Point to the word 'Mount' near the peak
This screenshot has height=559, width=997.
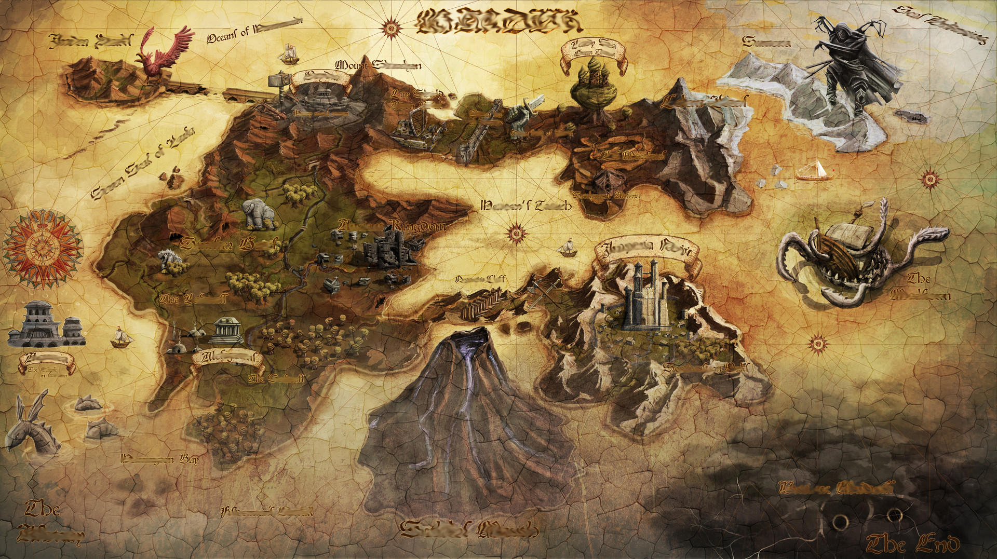[354, 66]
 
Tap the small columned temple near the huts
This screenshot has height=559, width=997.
[227, 330]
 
